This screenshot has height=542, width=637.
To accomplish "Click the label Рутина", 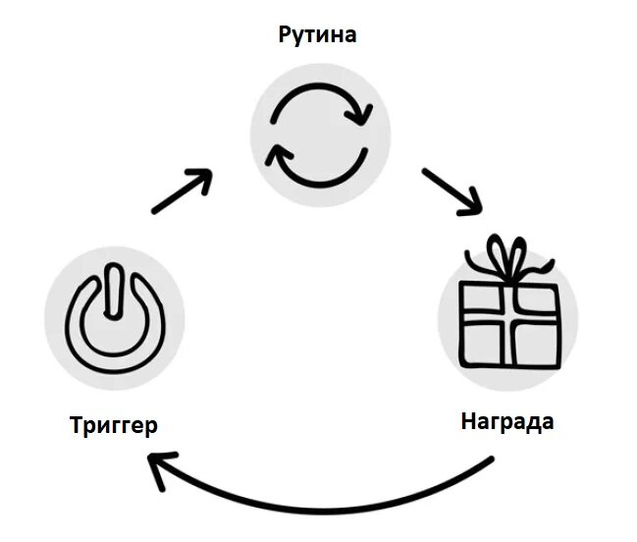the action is coord(317,36).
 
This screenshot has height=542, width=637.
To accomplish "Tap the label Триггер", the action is coord(114,425).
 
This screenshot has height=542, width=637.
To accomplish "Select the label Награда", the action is coord(506,422).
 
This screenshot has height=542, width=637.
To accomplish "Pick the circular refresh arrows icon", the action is coord(319,136).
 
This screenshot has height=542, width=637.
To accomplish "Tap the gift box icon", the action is coord(507,308).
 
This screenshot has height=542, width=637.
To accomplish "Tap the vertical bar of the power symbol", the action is coord(114,296).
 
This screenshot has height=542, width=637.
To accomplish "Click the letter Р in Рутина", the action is coord(286,37).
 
